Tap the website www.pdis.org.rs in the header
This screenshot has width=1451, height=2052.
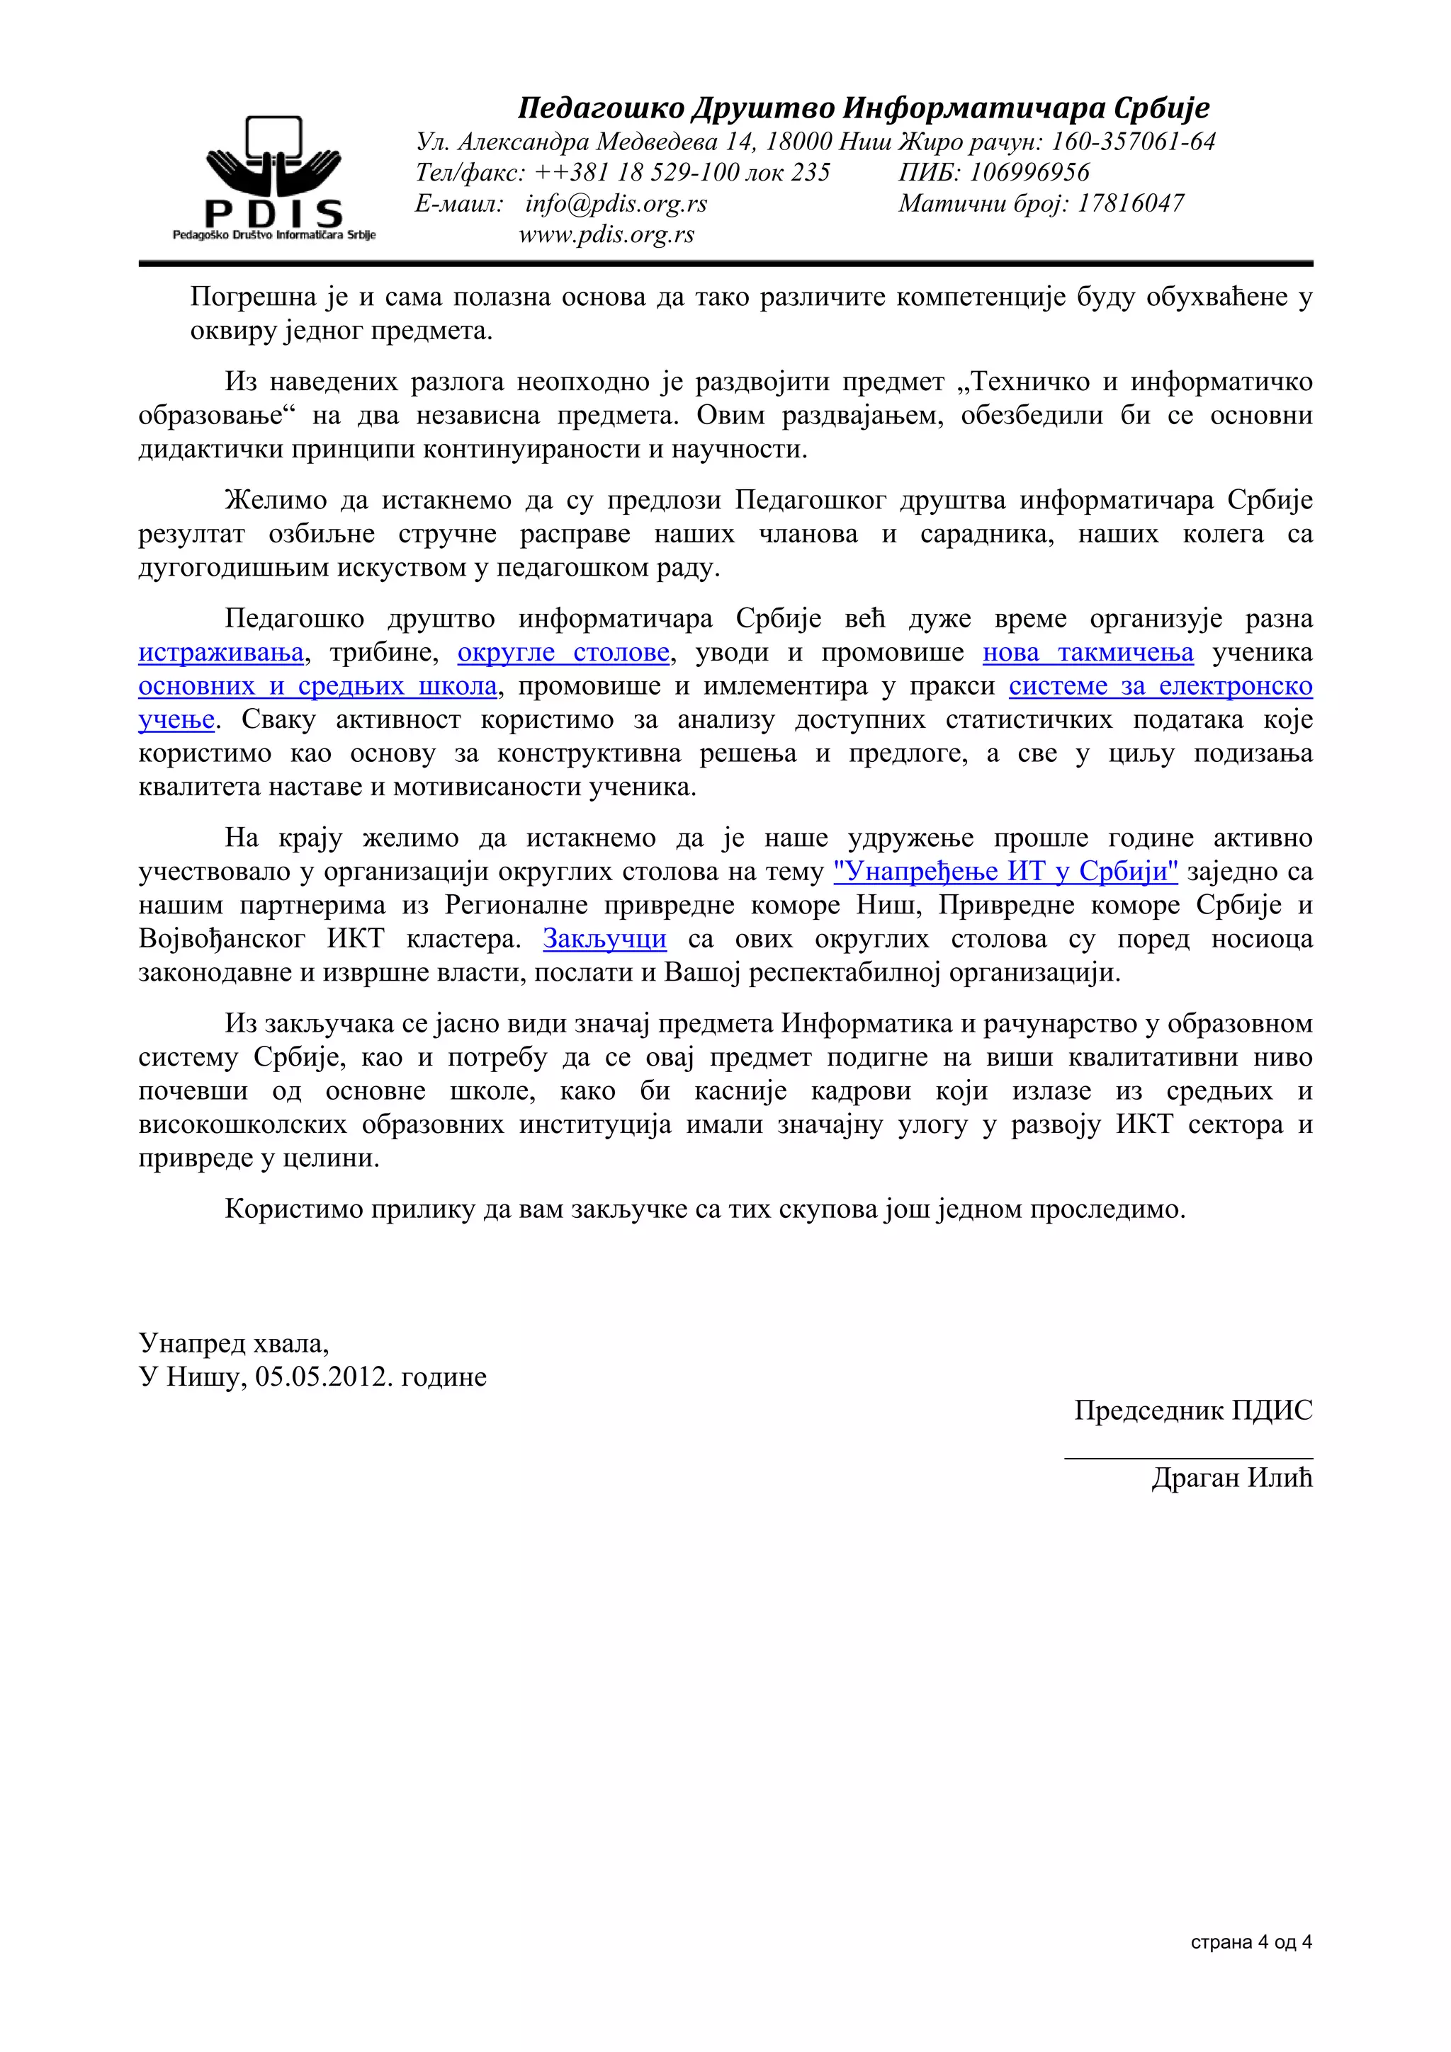pos(606,234)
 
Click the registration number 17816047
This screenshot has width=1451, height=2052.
pos(1130,204)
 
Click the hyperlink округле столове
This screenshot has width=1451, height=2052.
pos(563,652)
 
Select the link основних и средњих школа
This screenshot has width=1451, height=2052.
pos(317,686)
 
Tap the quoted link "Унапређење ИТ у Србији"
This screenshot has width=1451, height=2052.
pos(1005,872)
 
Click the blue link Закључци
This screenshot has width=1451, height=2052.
pos(604,938)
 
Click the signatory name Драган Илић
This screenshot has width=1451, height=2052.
pos(1231,1478)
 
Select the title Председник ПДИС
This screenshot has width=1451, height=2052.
pos(1192,1410)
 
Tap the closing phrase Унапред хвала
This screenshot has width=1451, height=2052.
pos(232,1343)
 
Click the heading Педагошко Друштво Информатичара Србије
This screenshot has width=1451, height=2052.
pos(863,108)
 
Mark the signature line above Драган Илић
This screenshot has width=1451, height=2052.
pos(1187,1458)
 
